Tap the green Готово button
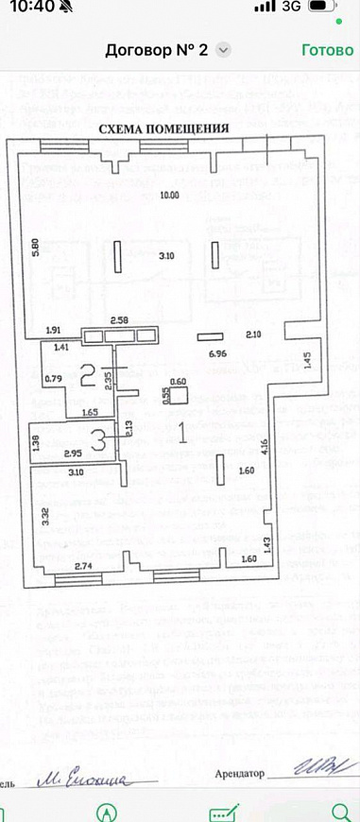327,50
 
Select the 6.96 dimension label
217,352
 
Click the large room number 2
87,376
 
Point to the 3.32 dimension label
43,517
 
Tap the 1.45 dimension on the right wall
307,360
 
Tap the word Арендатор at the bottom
241,772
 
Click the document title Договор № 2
156,50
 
